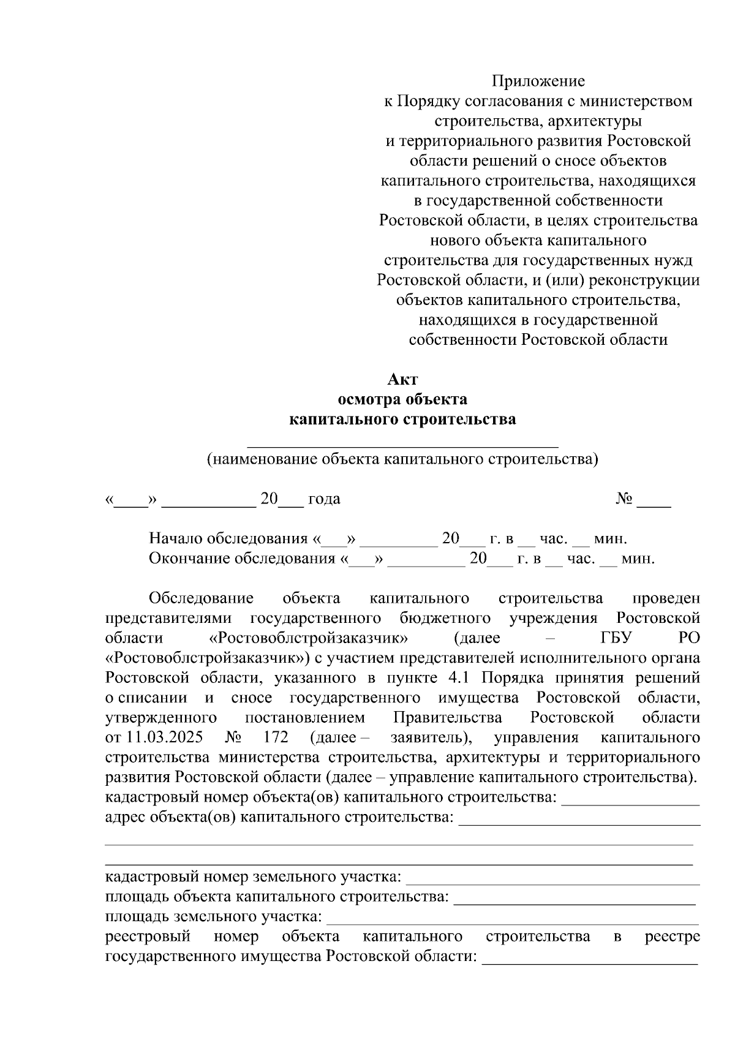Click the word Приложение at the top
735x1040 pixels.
(539, 81)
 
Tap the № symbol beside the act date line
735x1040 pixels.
(625, 499)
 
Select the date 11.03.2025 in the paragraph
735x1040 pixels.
(165, 737)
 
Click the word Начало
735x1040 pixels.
(176, 539)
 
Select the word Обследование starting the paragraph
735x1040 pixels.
(201, 598)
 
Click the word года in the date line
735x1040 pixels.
(324, 499)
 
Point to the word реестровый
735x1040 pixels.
(148, 936)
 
